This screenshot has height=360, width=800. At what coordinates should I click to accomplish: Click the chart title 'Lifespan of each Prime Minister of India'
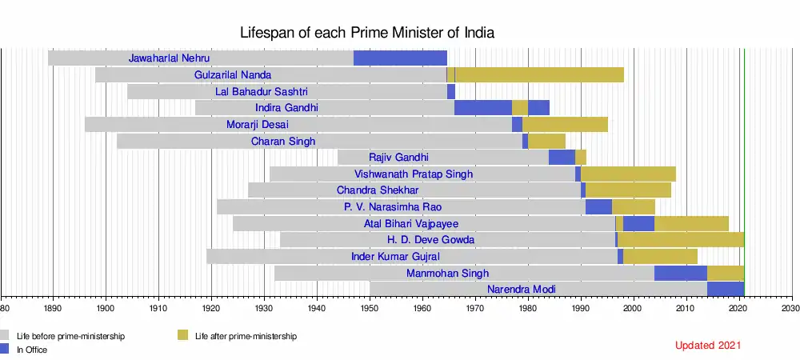(367, 34)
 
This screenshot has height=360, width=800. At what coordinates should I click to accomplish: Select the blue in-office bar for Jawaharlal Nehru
(400, 58)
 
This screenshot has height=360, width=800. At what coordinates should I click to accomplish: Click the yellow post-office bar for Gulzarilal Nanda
(539, 74)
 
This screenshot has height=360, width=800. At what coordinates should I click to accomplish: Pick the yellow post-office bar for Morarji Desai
(565, 124)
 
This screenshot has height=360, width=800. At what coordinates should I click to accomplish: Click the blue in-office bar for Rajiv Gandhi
(562, 157)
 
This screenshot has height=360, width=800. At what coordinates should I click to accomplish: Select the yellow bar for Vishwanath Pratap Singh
(628, 174)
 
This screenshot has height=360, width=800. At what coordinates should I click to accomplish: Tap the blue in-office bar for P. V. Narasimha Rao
(598, 206)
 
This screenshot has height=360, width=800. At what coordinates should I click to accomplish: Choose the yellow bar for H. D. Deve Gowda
(681, 239)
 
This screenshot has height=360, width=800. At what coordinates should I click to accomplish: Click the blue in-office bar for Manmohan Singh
(680, 273)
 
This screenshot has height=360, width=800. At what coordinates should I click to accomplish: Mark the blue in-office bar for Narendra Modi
(726, 289)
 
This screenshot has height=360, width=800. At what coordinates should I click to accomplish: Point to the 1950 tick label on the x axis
(370, 307)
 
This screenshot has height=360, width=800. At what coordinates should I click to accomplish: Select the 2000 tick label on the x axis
(633, 307)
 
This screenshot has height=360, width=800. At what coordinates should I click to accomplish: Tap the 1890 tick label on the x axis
(53, 307)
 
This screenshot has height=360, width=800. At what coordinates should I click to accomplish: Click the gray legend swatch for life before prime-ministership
(6, 336)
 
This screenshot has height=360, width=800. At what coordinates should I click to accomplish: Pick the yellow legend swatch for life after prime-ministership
(182, 336)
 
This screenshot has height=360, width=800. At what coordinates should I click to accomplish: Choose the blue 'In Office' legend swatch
(6, 349)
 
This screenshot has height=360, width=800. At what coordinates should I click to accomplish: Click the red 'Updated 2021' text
(708, 346)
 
